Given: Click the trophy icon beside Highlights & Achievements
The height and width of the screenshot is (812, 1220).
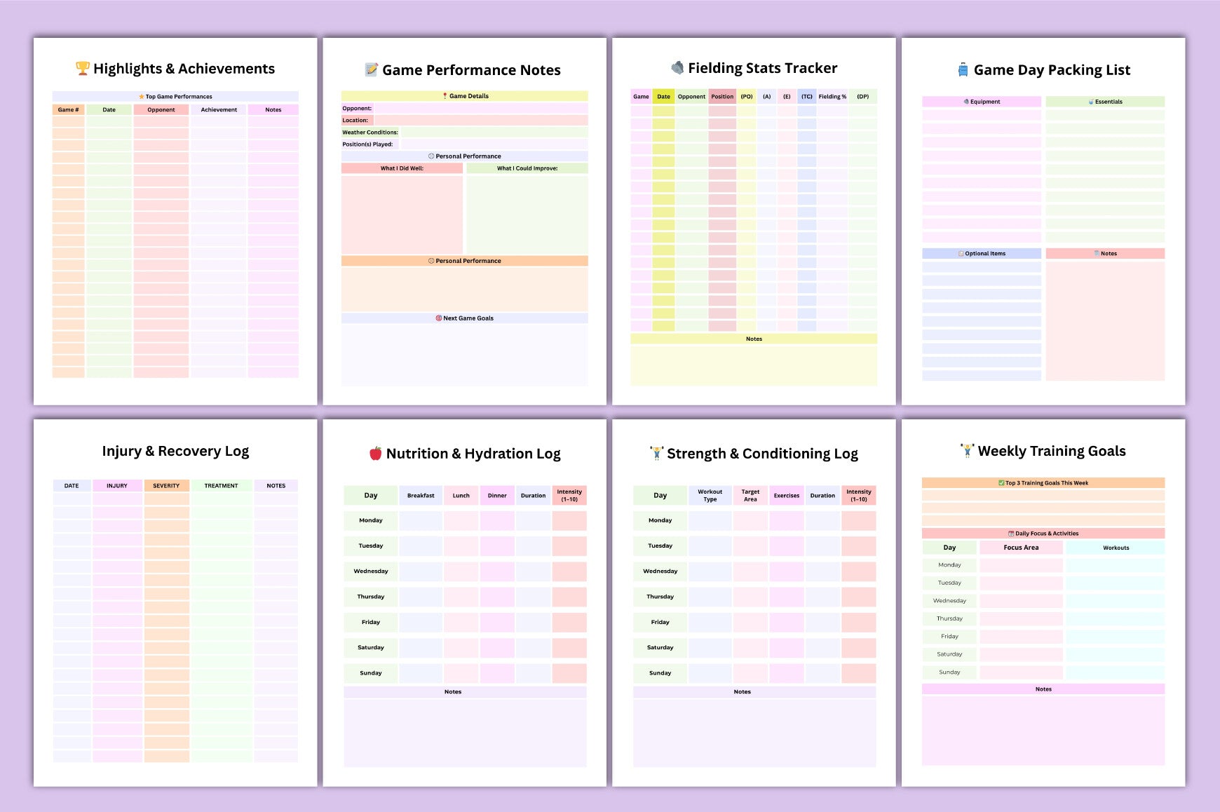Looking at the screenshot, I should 83,68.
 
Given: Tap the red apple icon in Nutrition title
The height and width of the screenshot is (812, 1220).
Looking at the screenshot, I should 376,453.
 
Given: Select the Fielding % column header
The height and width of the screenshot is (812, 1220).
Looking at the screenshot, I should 832,97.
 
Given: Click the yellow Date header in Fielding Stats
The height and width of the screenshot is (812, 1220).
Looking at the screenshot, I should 663,97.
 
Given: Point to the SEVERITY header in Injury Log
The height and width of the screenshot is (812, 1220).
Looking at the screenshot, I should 166,485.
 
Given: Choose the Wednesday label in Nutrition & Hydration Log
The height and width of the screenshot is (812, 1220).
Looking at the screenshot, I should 370,571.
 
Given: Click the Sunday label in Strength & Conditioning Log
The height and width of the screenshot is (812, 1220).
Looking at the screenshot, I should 660,672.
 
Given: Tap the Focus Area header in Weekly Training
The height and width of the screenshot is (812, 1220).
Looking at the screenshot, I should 1021,548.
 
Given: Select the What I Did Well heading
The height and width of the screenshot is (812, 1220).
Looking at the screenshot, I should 402,168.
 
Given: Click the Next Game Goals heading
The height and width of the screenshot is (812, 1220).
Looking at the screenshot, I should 465,318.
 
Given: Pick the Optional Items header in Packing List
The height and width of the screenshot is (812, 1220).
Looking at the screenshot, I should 982,254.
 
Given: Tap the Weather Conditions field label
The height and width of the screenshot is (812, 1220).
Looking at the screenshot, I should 370,133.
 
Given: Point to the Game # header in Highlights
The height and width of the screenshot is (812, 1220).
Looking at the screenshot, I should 68,110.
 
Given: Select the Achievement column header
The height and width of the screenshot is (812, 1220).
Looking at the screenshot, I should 219,110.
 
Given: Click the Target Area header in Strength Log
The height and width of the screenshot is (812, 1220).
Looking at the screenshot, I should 750,496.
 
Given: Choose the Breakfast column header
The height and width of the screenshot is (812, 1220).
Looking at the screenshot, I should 421,496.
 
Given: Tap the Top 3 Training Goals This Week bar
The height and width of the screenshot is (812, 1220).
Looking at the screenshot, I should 1043,483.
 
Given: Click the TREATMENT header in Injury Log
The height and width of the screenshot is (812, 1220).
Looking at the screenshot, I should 221,485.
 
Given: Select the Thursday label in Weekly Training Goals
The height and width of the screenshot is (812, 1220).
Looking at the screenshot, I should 949,618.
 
